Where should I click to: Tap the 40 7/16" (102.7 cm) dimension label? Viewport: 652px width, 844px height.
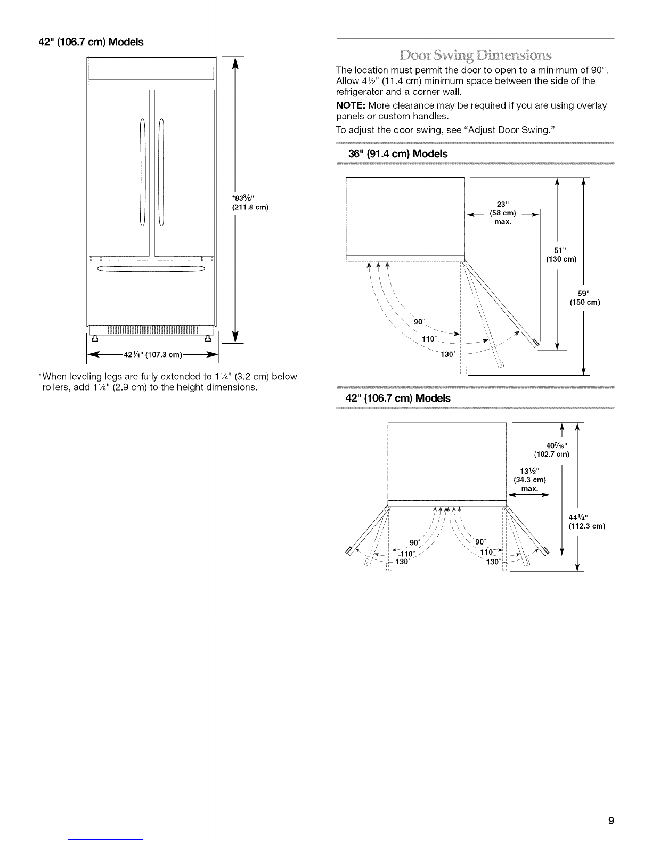[552, 450]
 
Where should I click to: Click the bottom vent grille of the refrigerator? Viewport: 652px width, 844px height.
[152, 330]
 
